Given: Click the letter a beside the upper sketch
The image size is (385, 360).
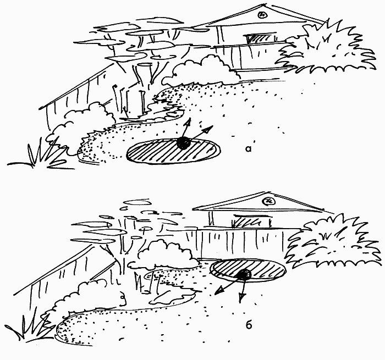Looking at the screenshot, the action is (x=249, y=149).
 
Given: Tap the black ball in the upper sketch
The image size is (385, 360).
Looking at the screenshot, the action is (x=184, y=143).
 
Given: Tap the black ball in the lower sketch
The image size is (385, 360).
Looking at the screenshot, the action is (x=244, y=274).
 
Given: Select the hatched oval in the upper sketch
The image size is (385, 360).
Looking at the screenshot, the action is (x=173, y=151).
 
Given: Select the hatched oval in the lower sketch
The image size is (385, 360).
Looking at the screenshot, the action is (x=248, y=270).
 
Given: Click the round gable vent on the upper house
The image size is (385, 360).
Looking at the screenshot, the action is (x=262, y=15).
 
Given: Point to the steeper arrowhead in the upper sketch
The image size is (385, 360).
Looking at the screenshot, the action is (x=188, y=122).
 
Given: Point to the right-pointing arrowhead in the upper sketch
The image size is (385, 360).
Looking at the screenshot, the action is (x=208, y=129).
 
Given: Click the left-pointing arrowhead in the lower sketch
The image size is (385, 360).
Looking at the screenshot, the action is (x=219, y=291).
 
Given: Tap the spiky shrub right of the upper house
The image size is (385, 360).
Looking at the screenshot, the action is (x=327, y=48).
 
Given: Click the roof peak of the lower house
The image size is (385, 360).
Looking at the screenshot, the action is (x=269, y=192).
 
